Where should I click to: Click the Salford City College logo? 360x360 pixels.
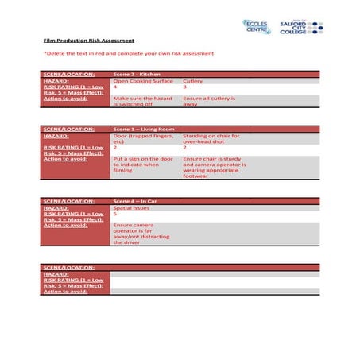[301, 26]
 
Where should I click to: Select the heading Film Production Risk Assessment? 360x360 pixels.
[88, 40]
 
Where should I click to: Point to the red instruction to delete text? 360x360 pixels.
[128, 54]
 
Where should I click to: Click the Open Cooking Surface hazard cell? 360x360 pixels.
[142, 80]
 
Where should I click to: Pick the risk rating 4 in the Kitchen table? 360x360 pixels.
[116, 87]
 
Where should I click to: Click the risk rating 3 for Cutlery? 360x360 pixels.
[185, 87]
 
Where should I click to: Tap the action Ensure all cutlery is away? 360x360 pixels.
[210, 101]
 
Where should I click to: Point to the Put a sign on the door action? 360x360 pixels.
[143, 164]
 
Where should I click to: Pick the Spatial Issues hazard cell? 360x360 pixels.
[132, 207]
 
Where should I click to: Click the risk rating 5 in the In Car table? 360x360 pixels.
[116, 214]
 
